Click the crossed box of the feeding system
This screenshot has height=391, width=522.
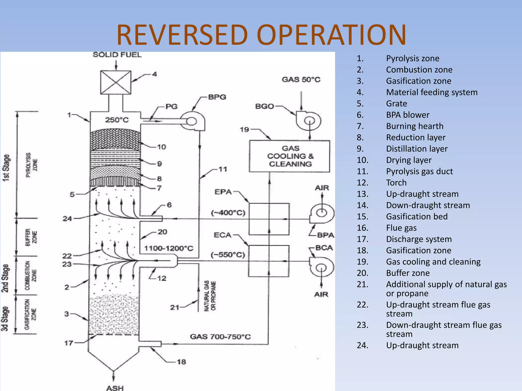116,82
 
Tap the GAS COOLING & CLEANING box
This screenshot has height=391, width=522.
290,156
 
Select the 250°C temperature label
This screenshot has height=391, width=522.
117,120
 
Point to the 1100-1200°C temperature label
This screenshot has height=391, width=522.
169,248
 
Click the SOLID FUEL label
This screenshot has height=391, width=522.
117,55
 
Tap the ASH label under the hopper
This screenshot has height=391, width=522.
115,388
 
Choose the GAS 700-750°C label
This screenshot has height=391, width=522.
220,337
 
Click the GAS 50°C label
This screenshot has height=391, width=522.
301,80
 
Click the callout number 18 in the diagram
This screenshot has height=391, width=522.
181,362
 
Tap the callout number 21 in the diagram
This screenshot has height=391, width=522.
175,308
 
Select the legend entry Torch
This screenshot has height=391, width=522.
396,183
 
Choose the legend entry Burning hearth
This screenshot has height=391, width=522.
415,126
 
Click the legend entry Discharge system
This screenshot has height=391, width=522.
419,239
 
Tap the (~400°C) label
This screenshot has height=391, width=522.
228,213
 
